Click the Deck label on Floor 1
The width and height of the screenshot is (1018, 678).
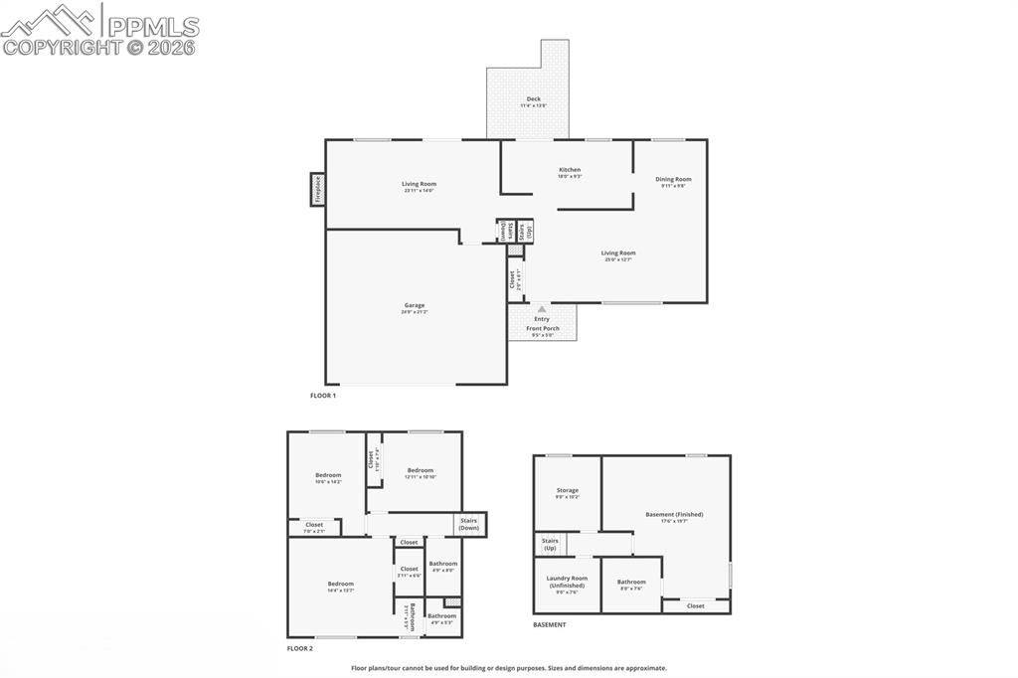(534, 98)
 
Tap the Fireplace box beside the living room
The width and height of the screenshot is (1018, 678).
(318, 188)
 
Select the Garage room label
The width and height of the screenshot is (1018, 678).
(414, 305)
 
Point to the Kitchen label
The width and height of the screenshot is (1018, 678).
(570, 170)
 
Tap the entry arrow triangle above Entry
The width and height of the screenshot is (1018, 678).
(542, 309)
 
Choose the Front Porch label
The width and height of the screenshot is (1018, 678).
(543, 328)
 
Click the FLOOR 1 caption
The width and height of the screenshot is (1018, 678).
(323, 396)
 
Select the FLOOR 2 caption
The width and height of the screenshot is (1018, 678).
(300, 648)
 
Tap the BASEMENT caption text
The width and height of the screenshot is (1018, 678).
(550, 625)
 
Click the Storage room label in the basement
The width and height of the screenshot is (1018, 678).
(568, 490)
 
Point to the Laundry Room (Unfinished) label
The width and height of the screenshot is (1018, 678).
(568, 581)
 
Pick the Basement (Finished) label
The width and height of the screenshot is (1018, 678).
(674, 514)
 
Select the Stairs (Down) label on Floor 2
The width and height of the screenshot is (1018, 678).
(469, 523)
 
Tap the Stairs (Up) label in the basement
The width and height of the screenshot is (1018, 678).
(549, 544)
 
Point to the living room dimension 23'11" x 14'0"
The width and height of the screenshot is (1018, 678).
(419, 191)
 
